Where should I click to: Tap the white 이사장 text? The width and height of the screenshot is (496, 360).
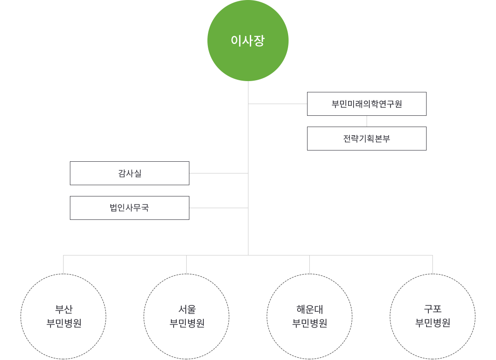(x=248, y=41)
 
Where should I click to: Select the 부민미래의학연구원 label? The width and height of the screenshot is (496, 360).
(x=368, y=104)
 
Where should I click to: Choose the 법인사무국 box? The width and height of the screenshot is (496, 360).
(x=129, y=208)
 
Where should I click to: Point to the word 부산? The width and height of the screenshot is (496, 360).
(x=63, y=310)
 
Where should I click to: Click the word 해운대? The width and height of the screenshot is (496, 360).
(x=309, y=310)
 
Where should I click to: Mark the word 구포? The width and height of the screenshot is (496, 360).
(x=433, y=310)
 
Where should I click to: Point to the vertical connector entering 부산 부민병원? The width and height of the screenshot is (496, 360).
(x=63, y=264)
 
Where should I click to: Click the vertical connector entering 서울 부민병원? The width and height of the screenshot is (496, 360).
(x=186, y=264)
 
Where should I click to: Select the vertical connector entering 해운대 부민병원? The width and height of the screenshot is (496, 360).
(x=309, y=264)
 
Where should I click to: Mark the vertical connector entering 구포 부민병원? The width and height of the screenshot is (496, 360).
(x=432, y=264)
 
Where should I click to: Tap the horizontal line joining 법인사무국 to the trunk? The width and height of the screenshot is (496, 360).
(x=219, y=207)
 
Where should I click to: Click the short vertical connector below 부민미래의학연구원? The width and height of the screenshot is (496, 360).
(x=367, y=121)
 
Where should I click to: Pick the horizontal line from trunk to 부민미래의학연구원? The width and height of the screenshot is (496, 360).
(x=277, y=104)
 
